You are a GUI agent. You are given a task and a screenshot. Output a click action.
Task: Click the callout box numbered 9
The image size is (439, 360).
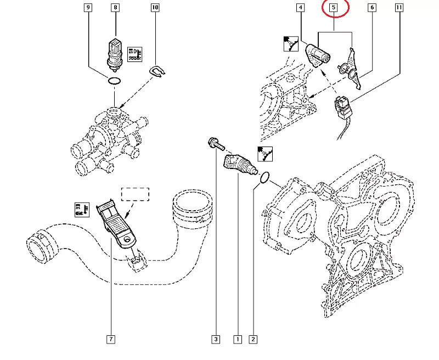point(88,7)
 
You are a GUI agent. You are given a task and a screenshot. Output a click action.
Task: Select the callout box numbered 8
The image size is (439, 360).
point(115,7)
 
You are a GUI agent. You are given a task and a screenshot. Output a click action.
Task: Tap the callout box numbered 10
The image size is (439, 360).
point(155,7)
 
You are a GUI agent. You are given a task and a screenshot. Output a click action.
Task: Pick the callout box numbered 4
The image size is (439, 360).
point(300,7)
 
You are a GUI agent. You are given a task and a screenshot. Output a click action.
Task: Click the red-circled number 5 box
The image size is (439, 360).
point(334,7)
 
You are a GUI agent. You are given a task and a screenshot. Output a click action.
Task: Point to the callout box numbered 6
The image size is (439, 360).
point(372,7)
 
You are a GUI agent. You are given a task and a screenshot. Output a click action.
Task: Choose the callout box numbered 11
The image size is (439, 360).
point(399,7)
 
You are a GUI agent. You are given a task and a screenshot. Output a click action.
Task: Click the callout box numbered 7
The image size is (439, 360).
point(111,339)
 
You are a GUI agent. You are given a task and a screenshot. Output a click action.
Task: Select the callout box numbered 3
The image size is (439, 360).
point(216,339)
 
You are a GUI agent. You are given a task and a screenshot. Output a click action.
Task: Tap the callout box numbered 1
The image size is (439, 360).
point(238,339)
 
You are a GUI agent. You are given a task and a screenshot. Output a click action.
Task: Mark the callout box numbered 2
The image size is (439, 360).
point(253,339)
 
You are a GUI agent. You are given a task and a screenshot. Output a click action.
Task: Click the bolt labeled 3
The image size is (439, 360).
point(216,144)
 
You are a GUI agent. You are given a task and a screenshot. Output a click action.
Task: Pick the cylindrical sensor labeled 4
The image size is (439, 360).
point(318,55)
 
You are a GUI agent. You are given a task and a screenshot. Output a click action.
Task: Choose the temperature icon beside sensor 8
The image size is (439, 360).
point(134,54)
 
